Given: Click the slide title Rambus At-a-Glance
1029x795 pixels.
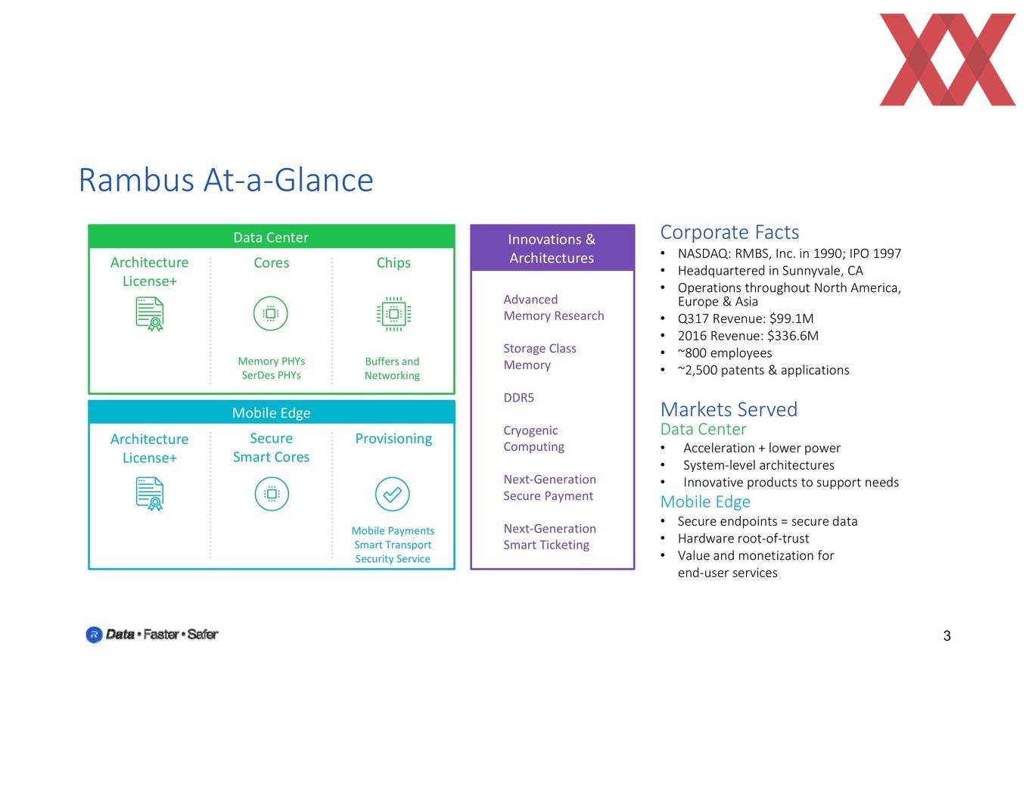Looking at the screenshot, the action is (226, 180).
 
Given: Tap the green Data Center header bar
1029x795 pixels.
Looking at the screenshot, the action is (272, 237).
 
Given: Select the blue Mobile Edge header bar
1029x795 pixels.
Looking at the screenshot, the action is (272, 412).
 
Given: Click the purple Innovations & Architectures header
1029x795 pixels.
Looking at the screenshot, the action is (552, 248).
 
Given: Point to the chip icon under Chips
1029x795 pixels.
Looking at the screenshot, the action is (393, 314).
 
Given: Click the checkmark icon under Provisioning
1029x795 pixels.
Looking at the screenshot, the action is (393, 494).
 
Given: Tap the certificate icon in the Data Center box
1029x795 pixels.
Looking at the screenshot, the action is (150, 314).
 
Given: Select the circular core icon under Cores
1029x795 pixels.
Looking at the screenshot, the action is (270, 313).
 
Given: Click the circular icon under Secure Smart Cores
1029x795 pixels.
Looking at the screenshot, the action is (272, 494).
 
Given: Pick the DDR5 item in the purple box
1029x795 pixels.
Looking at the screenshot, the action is (518, 398).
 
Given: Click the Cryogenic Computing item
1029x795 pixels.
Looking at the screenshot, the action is (533, 438).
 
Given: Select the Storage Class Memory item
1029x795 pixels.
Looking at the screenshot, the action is (539, 356).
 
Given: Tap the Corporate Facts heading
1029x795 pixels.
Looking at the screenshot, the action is (729, 232).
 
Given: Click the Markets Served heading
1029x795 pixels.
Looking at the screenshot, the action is (729, 409).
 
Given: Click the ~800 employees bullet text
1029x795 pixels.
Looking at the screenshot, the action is (725, 353).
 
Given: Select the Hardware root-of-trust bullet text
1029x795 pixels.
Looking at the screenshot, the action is (744, 539).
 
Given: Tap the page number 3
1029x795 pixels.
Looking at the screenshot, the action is (947, 635).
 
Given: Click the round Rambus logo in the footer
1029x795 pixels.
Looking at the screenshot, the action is (94, 635).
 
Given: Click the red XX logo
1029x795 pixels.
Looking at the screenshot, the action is (947, 60).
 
